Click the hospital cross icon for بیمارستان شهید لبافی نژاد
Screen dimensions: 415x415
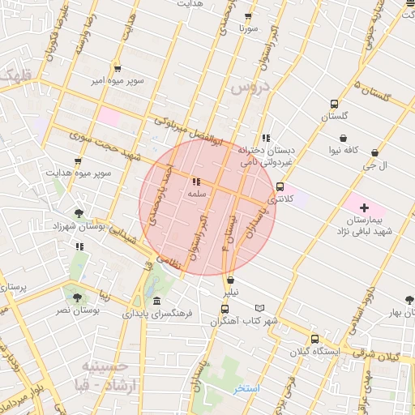(x=364, y=208)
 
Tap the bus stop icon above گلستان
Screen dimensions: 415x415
(x=334, y=105)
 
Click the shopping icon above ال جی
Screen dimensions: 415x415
(x=374, y=152)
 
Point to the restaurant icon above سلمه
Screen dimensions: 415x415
(x=196, y=182)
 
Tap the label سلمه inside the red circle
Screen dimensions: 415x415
(x=196, y=195)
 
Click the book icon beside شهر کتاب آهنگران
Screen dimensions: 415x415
(x=259, y=308)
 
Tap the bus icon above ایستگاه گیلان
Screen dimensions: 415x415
(x=314, y=340)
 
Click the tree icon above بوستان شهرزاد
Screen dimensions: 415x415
(x=78, y=213)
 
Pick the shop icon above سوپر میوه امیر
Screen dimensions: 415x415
(x=118, y=69)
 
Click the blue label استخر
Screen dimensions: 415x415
(x=246, y=389)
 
